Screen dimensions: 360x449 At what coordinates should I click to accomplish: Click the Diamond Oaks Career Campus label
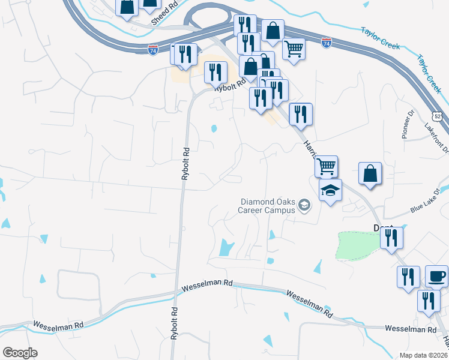pos(268,206)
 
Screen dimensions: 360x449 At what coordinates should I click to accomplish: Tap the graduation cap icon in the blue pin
pos(330,190)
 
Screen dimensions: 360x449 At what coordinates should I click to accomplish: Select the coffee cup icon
pos(436,277)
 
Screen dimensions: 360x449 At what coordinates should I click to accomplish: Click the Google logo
pos(20,353)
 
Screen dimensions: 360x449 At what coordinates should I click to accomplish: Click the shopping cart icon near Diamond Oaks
pos(325,166)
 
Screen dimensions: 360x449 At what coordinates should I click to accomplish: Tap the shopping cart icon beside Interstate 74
pos(294,49)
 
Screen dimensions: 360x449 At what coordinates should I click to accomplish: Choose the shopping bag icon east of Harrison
pos(370,173)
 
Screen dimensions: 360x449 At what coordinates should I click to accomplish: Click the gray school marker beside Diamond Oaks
pos(304,206)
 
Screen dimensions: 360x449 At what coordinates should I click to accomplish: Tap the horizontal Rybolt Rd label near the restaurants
pos(234,85)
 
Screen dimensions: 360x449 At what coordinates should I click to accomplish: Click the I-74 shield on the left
pos(153,50)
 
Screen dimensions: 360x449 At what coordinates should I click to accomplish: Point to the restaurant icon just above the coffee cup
pos(408,277)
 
